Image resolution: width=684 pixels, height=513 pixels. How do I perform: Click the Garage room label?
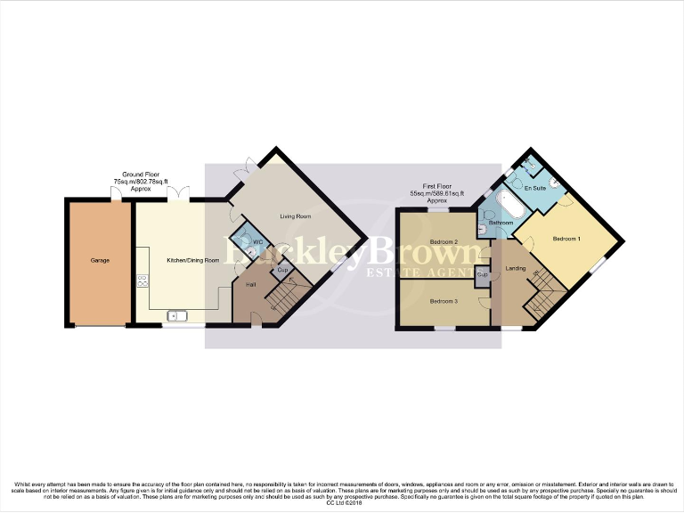[x=99, y=262]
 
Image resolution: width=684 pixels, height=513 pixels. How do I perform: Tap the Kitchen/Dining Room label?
[x=192, y=260]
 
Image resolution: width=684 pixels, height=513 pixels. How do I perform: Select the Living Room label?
[x=294, y=216]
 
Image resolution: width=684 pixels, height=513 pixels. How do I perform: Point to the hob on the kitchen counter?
[x=142, y=281]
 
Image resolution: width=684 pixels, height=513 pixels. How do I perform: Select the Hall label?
[x=250, y=284]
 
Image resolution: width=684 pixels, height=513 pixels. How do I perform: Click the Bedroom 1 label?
[x=566, y=239]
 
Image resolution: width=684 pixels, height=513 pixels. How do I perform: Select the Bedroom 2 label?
[x=444, y=241]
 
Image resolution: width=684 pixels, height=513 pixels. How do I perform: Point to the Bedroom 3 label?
[x=444, y=301]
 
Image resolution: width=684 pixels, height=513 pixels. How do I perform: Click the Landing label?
[x=515, y=268]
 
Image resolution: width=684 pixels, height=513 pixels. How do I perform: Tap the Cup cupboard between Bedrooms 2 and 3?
[x=482, y=274]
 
